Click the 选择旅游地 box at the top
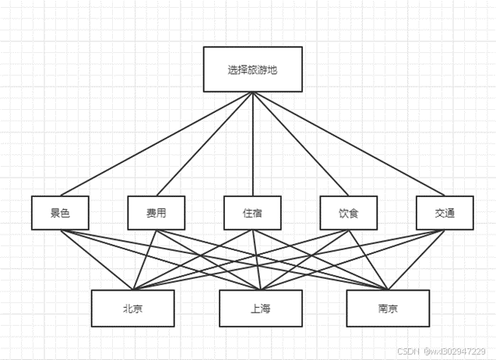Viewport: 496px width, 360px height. (x=252, y=70)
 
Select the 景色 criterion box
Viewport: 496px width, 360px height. (x=60, y=213)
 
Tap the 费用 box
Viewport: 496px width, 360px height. (x=156, y=213)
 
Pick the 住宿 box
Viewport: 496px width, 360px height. (x=252, y=213)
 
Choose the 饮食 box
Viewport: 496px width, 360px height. (x=347, y=213)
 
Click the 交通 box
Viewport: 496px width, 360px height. (x=445, y=213)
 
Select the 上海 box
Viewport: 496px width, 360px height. (x=260, y=309)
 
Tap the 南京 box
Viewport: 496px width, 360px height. (x=387, y=309)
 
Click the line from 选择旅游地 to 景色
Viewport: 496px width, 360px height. (x=156, y=143)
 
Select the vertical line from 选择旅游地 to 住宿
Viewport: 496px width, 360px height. (x=252, y=143)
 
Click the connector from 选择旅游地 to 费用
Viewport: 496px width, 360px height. (x=204, y=143)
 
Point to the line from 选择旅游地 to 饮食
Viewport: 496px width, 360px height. (x=300, y=143)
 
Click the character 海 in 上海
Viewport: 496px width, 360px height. (x=266, y=309)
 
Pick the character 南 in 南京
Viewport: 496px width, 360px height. (x=382, y=309)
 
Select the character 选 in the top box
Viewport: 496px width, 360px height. (x=233, y=70)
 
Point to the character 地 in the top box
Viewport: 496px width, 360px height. (x=273, y=70)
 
